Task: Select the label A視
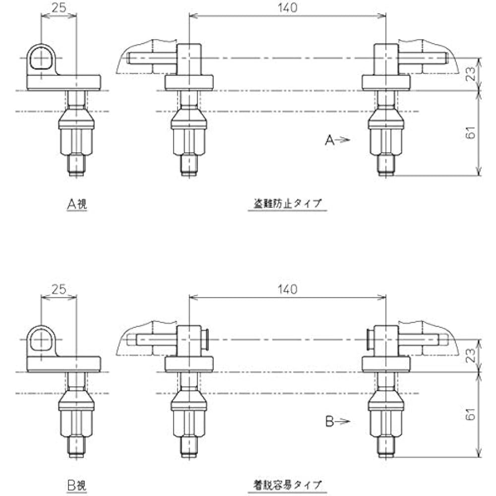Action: pos(77,203)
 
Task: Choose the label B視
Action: pos(77,485)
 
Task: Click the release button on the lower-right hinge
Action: pos(369,339)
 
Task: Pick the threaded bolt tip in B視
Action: pos(77,447)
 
